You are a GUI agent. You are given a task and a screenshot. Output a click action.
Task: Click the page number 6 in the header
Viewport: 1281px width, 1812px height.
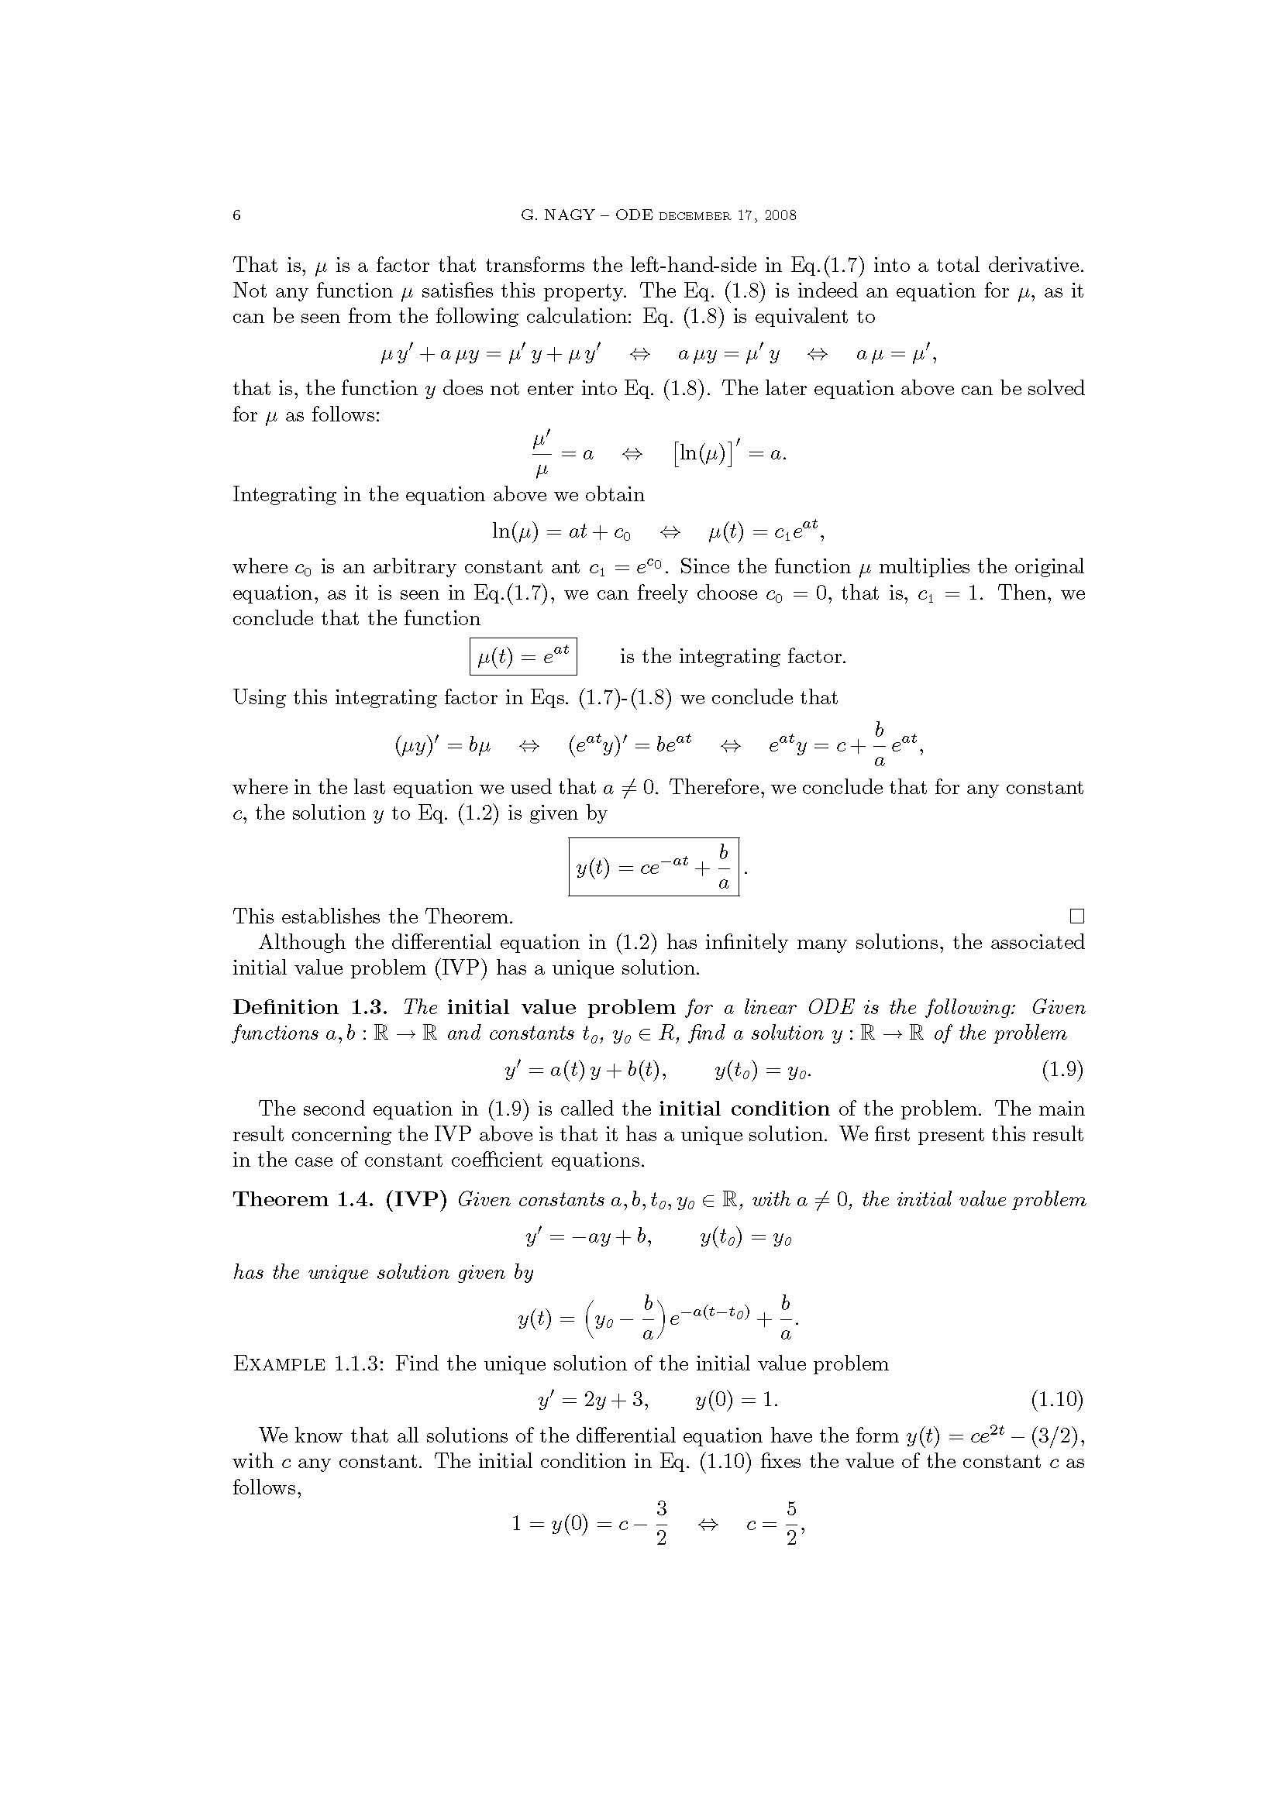(x=237, y=215)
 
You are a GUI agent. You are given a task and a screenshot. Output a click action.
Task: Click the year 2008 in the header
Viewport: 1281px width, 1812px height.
(x=780, y=215)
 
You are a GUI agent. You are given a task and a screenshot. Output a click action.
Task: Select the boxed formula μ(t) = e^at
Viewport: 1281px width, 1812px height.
(x=522, y=656)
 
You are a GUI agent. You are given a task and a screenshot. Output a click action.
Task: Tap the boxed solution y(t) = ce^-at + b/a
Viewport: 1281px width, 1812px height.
(x=653, y=867)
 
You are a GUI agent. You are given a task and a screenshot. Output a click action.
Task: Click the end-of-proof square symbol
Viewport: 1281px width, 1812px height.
(x=1076, y=916)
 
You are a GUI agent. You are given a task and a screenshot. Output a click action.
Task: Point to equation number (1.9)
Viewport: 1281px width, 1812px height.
(x=1062, y=1070)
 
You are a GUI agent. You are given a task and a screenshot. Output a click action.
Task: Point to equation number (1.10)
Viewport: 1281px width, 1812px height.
(x=1057, y=1399)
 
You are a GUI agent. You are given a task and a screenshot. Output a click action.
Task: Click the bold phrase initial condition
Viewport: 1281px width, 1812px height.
(x=743, y=1109)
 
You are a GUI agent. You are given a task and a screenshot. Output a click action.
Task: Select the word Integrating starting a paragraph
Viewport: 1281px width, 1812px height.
(x=284, y=495)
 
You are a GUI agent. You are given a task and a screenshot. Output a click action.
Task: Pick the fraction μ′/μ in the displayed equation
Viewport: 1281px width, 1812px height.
(x=542, y=454)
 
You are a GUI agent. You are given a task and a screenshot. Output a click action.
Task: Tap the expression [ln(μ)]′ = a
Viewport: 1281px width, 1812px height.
(x=729, y=454)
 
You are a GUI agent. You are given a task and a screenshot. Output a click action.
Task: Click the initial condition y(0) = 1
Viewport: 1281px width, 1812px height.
(x=736, y=1399)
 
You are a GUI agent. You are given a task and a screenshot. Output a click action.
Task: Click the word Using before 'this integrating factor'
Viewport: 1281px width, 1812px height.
(x=259, y=698)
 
